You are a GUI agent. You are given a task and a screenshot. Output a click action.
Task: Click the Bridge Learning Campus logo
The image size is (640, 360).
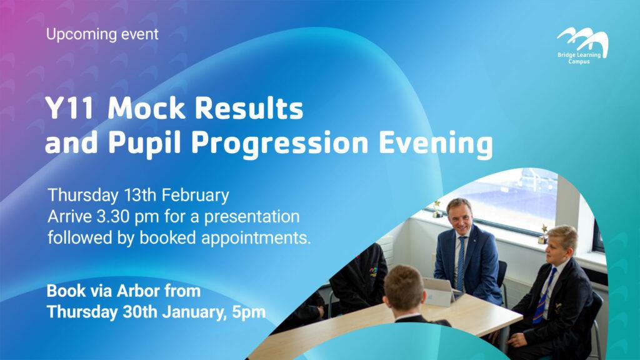pyautogui.click(x=582, y=46)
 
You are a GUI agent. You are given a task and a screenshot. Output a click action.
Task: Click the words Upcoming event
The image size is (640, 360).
pyautogui.click(x=102, y=34)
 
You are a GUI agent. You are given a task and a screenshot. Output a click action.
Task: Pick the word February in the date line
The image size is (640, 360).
pyautogui.click(x=195, y=196)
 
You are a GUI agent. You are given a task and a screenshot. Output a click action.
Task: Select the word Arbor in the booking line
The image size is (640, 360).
pyautogui.click(x=138, y=291)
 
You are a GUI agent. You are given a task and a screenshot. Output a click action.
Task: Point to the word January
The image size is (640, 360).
pyautogui.click(x=195, y=312)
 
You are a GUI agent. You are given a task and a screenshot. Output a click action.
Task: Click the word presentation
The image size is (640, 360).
pyautogui.click(x=252, y=217)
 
